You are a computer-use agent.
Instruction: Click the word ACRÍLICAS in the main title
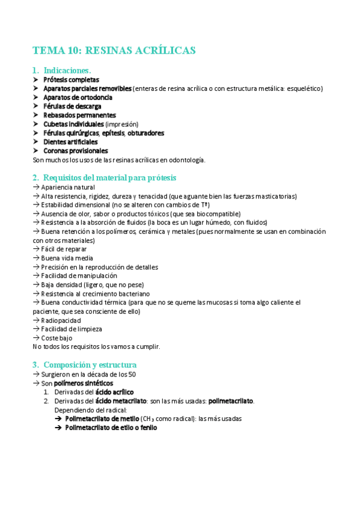[x=163, y=51]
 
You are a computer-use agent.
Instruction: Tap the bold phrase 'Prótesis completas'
[x=71, y=79]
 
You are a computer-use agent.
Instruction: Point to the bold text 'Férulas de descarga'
[x=72, y=106]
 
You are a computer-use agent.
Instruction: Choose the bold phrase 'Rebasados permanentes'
[x=79, y=115]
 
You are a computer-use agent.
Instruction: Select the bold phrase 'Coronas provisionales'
[x=76, y=151]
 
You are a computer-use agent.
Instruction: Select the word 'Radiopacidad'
[x=61, y=321]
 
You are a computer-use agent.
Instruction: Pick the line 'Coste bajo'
[x=58, y=338]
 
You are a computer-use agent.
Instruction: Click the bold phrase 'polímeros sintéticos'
[x=83, y=383]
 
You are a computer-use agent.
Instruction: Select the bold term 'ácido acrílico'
[x=115, y=392]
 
